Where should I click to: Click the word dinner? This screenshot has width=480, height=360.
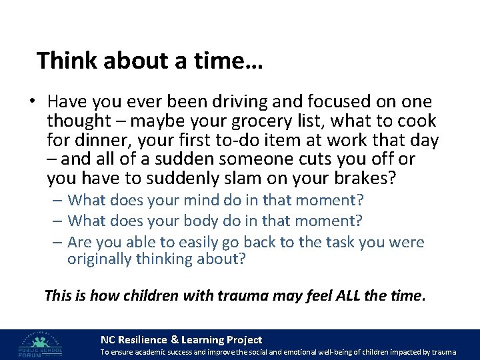[102, 141]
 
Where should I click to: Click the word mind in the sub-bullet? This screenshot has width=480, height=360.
[193, 200]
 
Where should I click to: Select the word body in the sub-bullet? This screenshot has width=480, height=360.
[194, 220]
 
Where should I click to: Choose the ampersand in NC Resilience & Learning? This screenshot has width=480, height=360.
[175, 339]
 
